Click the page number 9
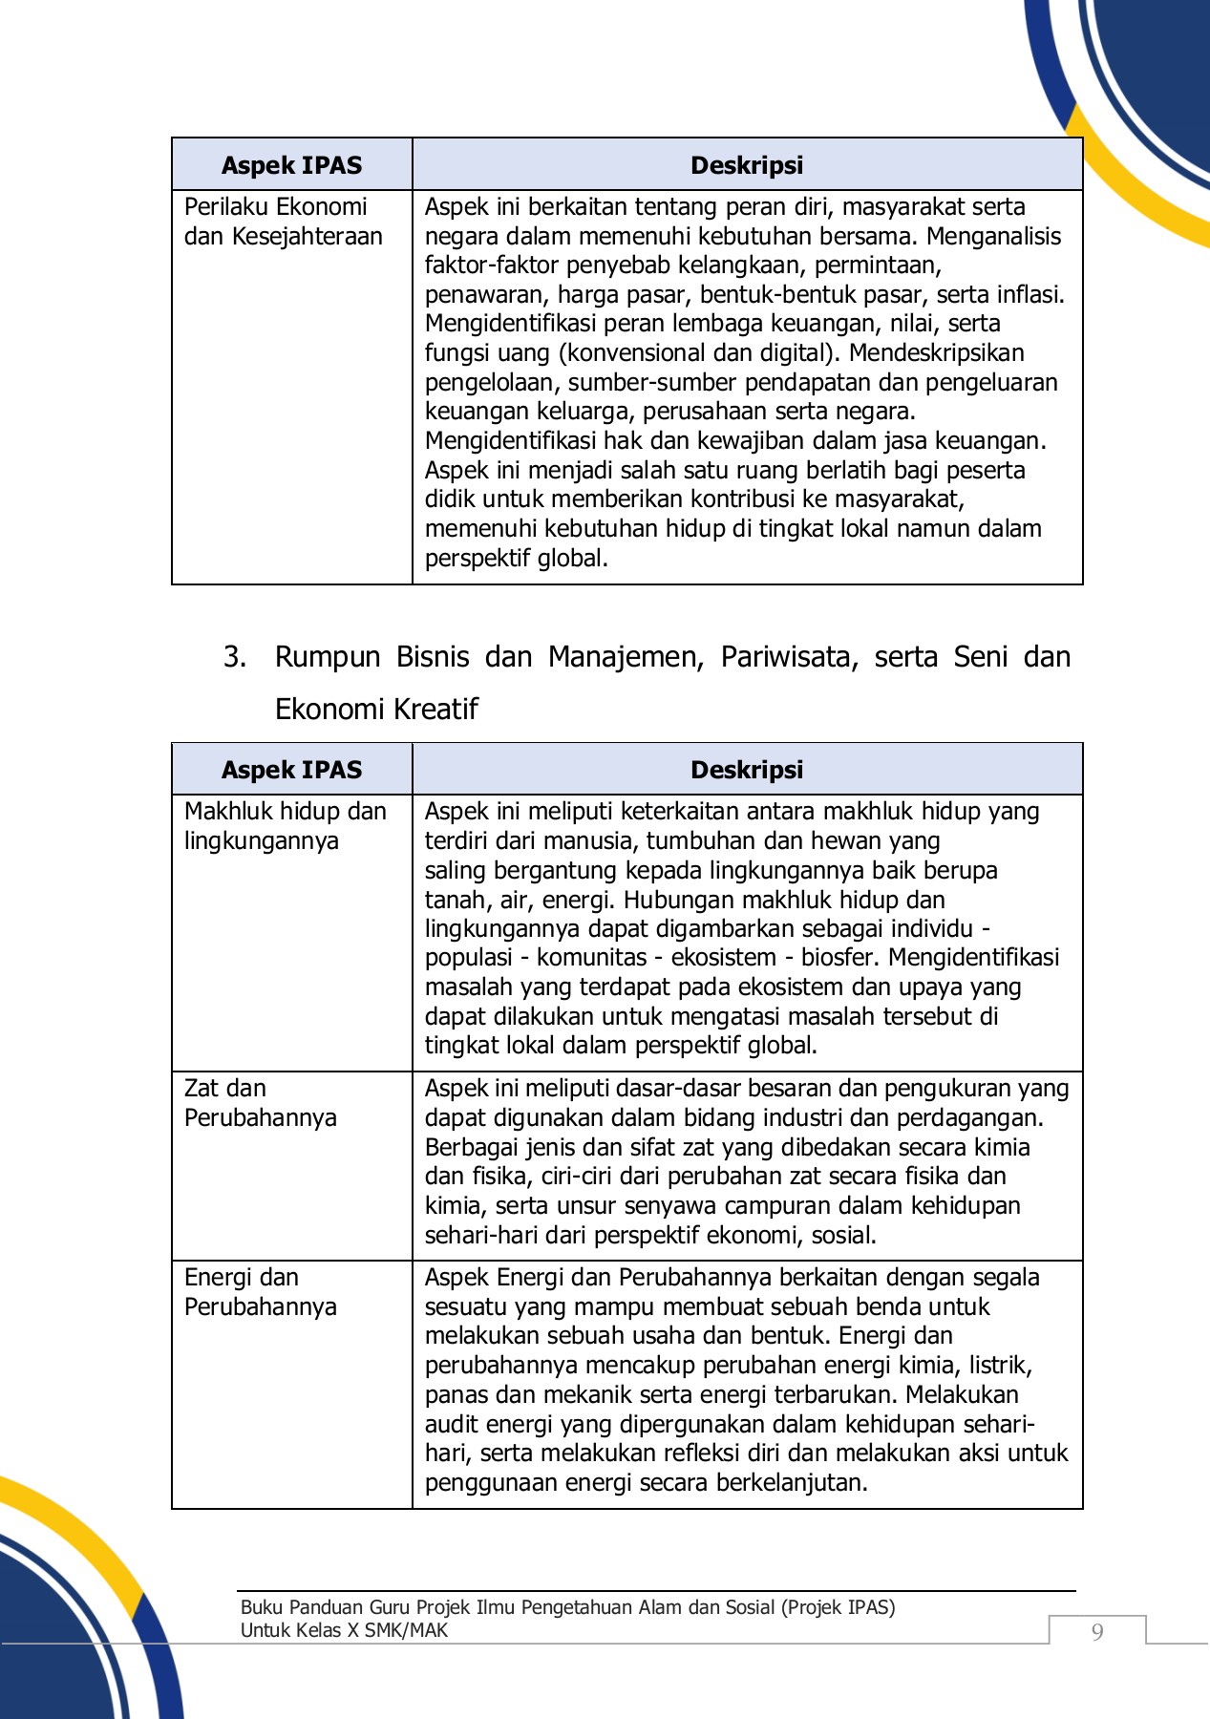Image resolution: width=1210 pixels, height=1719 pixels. pyautogui.click(x=1097, y=1632)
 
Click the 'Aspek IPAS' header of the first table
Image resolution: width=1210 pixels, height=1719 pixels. pyautogui.click(x=291, y=165)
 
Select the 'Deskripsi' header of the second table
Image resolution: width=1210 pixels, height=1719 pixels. pyautogui.click(x=746, y=770)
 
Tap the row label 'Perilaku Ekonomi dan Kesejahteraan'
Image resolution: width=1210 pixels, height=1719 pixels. pyautogui.click(x=283, y=222)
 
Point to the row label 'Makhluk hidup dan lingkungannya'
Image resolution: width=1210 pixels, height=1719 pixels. pyautogui.click(x=285, y=826)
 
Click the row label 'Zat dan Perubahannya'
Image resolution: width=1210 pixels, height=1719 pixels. pyautogui.click(x=260, y=1103)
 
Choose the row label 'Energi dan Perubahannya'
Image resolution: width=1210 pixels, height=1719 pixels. pyautogui.click(x=260, y=1292)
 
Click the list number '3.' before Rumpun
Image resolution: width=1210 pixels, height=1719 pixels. pyautogui.click(x=235, y=657)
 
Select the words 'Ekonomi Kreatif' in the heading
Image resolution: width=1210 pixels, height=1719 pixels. pyautogui.click(x=376, y=710)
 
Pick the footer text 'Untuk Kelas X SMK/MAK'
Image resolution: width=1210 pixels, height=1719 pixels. pyautogui.click(x=344, y=1630)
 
